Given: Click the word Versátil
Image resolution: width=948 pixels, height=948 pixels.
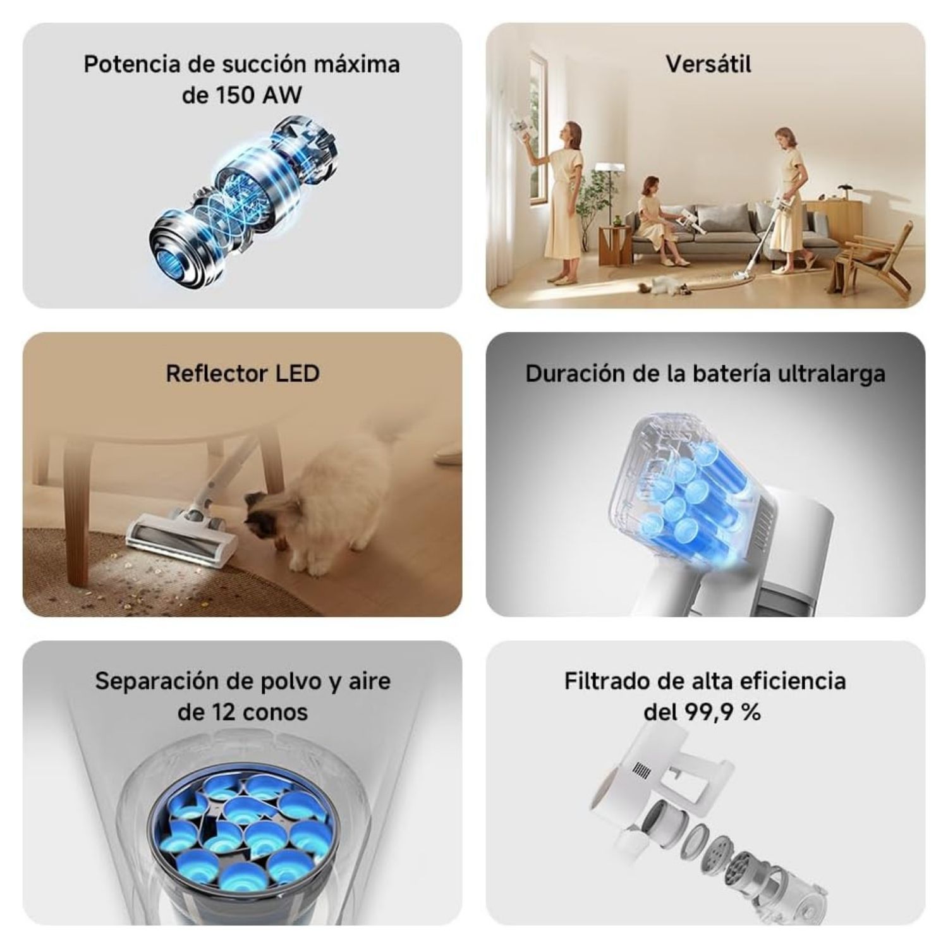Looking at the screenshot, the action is click(708, 64).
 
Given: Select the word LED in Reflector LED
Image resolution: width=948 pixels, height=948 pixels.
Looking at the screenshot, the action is click(298, 374).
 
